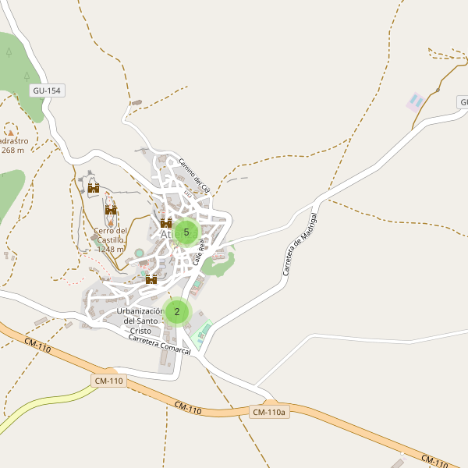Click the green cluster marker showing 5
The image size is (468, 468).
point(186,232)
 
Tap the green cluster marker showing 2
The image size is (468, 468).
point(177,312)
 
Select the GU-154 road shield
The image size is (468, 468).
point(47,90)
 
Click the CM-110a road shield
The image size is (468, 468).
point(270,412)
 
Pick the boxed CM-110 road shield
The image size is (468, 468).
point(109,381)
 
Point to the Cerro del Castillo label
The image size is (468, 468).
point(110,235)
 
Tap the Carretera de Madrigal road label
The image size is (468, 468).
point(300,243)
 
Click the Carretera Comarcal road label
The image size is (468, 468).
point(160,345)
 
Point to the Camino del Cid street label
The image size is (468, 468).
point(194,175)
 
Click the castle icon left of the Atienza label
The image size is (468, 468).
point(166,223)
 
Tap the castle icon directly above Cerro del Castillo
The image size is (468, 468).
point(111,210)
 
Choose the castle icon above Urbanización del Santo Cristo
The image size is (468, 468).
point(151,279)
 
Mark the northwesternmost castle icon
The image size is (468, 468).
point(94,187)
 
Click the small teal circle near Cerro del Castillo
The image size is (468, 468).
point(140,253)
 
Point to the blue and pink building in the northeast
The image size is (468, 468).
point(417,101)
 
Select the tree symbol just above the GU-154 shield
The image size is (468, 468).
point(27,76)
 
